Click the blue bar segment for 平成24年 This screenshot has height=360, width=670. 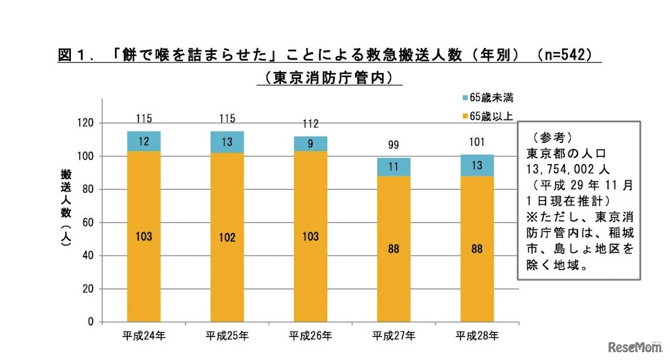(143, 141)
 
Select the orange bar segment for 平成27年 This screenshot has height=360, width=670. (394, 248)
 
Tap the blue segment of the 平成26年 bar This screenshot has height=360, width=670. (310, 143)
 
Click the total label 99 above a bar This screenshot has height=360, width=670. (394, 145)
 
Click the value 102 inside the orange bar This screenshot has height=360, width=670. (227, 237)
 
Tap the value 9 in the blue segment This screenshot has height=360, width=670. (310, 144)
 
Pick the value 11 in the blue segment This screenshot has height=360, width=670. (394, 166)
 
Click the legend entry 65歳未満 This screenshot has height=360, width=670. (486, 98)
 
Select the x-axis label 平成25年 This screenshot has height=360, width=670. (227, 336)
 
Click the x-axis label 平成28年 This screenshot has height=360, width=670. (477, 336)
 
